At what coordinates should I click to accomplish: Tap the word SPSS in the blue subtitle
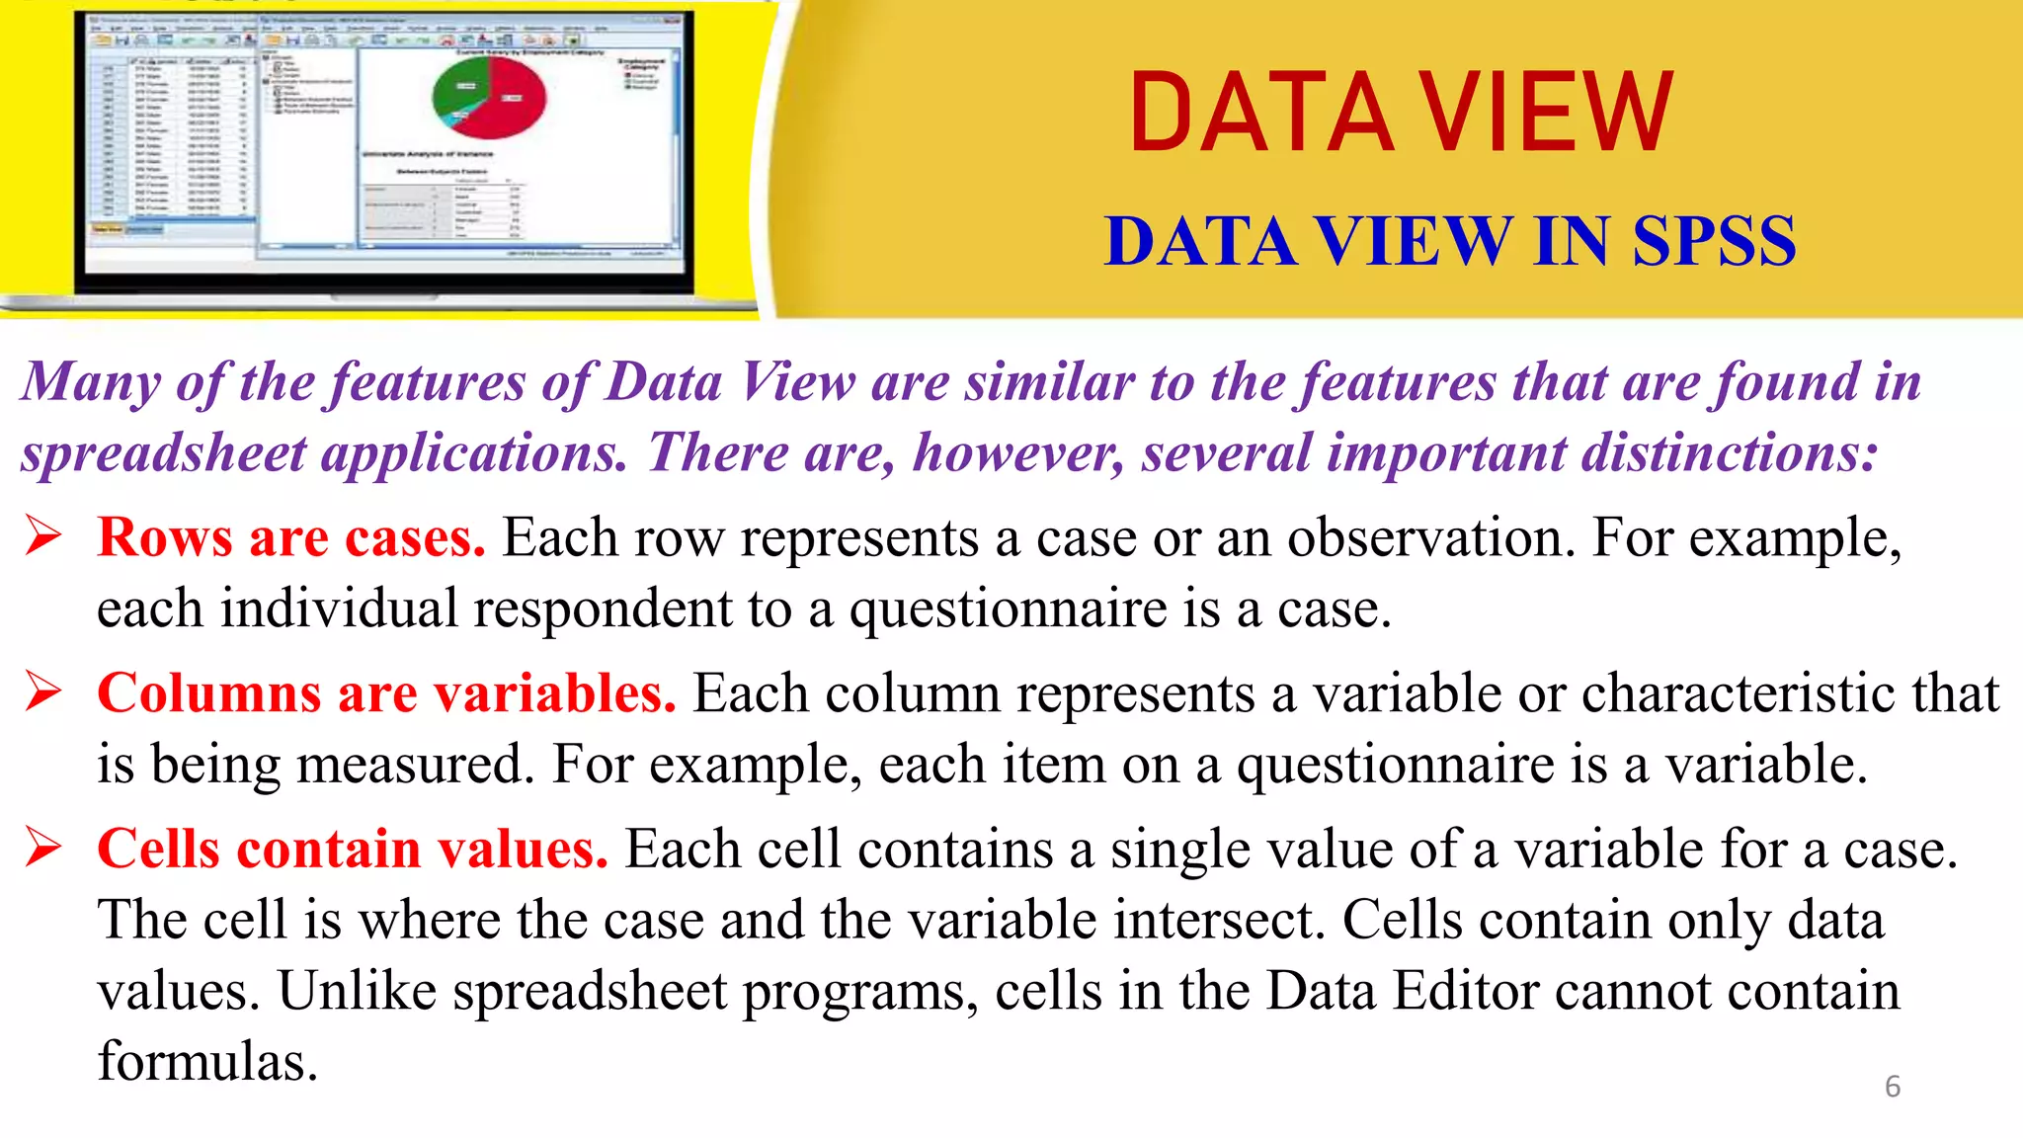point(1714,241)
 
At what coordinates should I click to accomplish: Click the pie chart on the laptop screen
point(489,98)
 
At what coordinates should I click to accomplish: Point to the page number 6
point(1892,1086)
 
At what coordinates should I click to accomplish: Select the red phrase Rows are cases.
point(291,538)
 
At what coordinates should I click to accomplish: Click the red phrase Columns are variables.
point(386,693)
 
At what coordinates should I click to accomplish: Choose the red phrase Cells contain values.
point(352,850)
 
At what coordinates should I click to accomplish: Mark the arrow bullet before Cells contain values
point(44,848)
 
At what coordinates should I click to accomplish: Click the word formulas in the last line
point(207,1062)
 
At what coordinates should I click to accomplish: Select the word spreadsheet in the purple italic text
point(164,454)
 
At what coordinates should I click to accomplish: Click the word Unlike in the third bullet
point(357,991)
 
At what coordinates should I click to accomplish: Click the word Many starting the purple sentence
point(90,383)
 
